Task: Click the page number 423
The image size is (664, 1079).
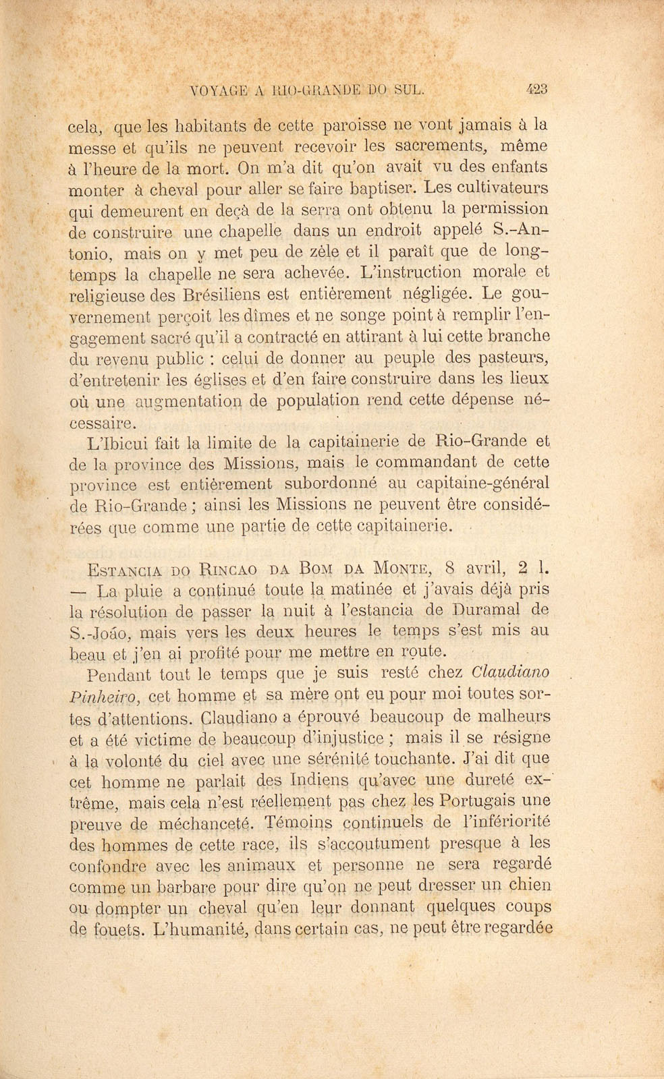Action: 538,89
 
